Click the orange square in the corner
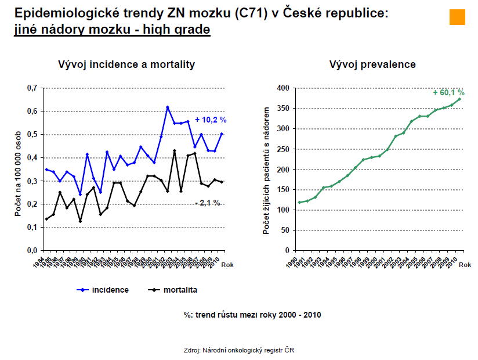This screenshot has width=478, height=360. point(457,17)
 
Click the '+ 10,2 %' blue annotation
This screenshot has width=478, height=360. point(210,120)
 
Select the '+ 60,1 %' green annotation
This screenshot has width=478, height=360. point(448,92)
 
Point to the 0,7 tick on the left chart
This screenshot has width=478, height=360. point(32,88)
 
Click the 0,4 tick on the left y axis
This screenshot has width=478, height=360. point(32,158)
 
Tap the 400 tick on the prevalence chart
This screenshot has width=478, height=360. point(283,88)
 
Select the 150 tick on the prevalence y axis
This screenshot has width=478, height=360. point(283,190)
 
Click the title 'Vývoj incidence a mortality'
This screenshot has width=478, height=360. point(126,64)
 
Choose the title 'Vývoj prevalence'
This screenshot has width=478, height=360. point(372,64)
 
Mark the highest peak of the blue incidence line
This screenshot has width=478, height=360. point(168,107)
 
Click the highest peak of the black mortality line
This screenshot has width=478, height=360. point(175,151)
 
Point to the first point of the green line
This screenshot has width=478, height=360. point(300,203)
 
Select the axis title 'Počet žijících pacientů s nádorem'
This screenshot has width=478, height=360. point(267,170)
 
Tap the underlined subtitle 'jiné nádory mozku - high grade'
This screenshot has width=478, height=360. point(112,29)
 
